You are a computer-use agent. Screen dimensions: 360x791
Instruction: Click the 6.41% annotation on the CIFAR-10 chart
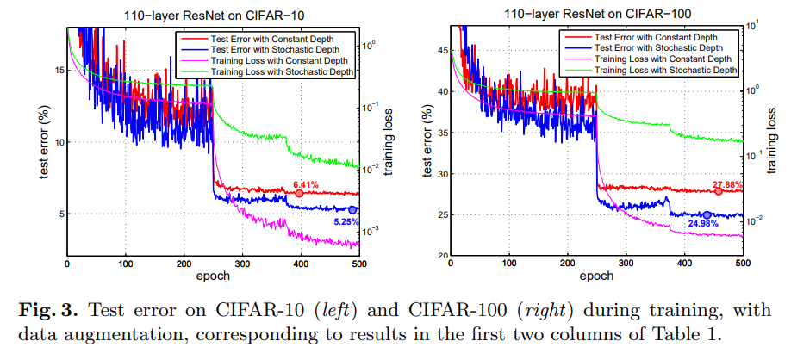click(305, 184)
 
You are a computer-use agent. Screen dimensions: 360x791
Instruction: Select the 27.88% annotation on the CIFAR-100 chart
click(729, 183)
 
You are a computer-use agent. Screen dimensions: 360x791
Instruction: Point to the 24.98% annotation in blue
click(704, 224)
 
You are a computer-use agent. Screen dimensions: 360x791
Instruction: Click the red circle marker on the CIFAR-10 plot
click(299, 194)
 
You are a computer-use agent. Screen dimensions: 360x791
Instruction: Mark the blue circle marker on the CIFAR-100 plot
click(707, 215)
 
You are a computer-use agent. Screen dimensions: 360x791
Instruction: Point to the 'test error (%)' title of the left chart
click(43, 144)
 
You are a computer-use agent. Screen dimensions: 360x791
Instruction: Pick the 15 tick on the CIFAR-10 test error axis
click(56, 71)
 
